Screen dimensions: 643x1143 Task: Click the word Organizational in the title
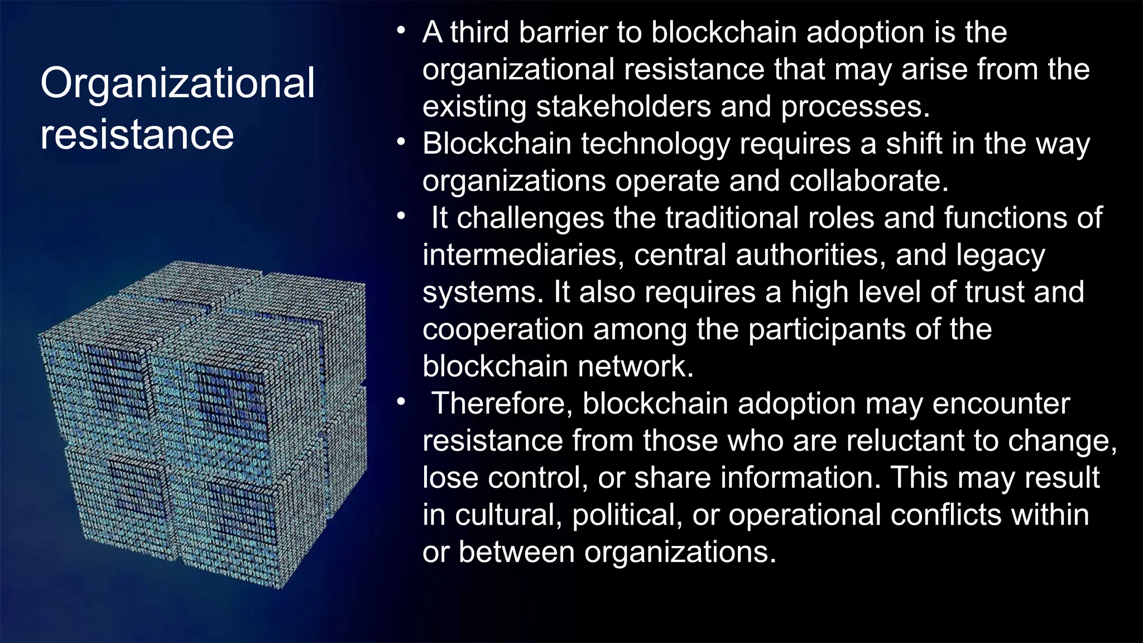click(177, 84)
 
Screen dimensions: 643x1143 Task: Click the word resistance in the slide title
click(137, 135)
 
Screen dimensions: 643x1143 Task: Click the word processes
click(854, 107)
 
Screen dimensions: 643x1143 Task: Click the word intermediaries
click(520, 255)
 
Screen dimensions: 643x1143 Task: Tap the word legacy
click(1000, 255)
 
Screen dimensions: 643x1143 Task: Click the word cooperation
click(502, 329)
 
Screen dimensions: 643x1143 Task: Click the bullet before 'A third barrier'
click(401, 31)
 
